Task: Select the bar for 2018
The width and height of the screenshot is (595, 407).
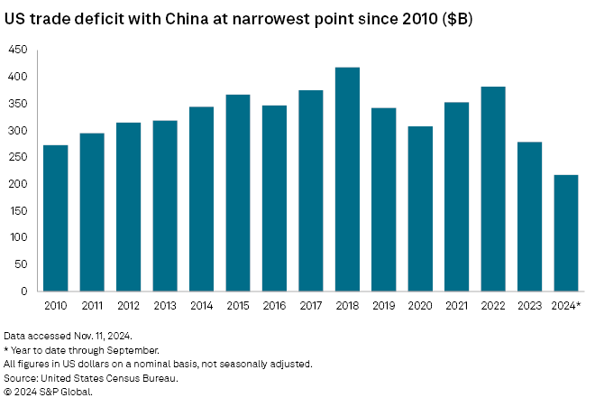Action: pyautogui.click(x=347, y=180)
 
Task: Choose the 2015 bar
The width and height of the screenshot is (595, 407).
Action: pyautogui.click(x=238, y=193)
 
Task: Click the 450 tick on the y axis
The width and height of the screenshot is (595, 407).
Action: pyautogui.click(x=18, y=51)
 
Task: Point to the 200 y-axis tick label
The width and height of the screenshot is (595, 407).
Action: pyautogui.click(x=18, y=184)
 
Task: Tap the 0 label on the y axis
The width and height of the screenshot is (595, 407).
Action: pyautogui.click(x=24, y=291)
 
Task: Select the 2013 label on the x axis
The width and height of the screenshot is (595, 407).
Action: pyautogui.click(x=165, y=306)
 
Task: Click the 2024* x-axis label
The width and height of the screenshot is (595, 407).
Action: pyautogui.click(x=566, y=306)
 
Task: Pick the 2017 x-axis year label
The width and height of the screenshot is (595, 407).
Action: pyautogui.click(x=311, y=306)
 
